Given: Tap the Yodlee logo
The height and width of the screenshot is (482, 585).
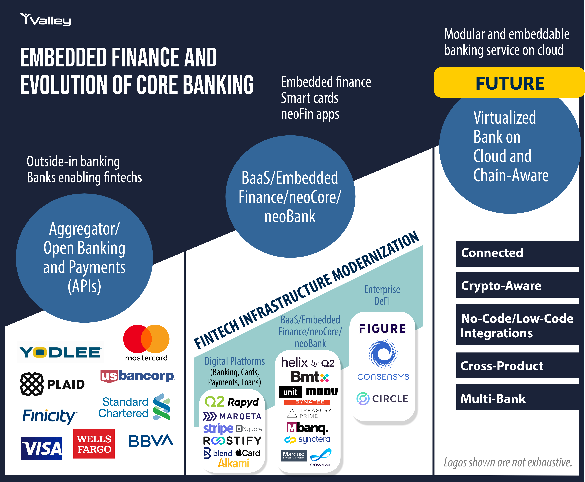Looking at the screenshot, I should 60,352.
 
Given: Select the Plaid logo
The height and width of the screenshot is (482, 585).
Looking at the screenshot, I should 52,384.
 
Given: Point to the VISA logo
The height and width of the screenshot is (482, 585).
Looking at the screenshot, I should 42,448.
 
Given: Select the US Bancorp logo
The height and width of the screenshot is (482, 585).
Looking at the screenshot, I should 137,376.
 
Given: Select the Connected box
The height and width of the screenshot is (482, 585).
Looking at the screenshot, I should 517,253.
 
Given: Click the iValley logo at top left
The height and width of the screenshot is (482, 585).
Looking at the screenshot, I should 45,19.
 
